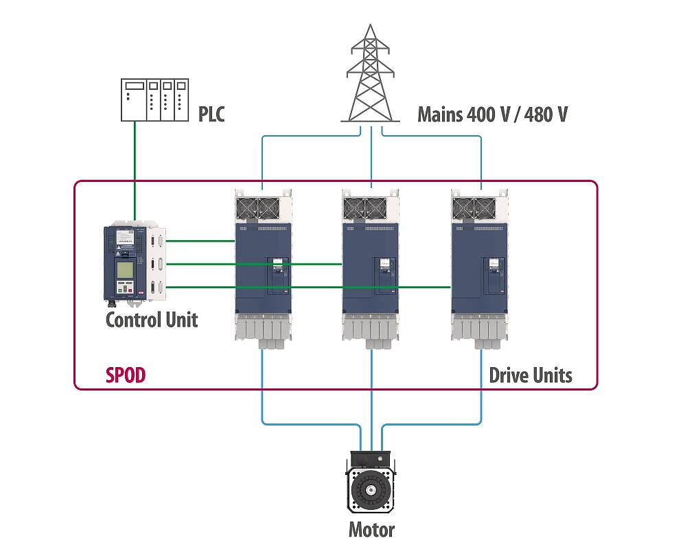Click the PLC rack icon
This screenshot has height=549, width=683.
tap(154, 100)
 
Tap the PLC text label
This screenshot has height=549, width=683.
tap(211, 113)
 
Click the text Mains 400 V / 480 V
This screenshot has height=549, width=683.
tap(492, 113)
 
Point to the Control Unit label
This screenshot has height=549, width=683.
tap(151, 320)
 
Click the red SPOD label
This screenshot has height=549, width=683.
tap(126, 375)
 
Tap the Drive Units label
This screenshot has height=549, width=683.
tap(530, 375)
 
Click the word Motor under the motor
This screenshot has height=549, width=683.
tap(371, 530)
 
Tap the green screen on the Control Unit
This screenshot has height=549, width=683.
tap(125, 270)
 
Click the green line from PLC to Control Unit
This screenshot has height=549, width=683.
tap(135, 172)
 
